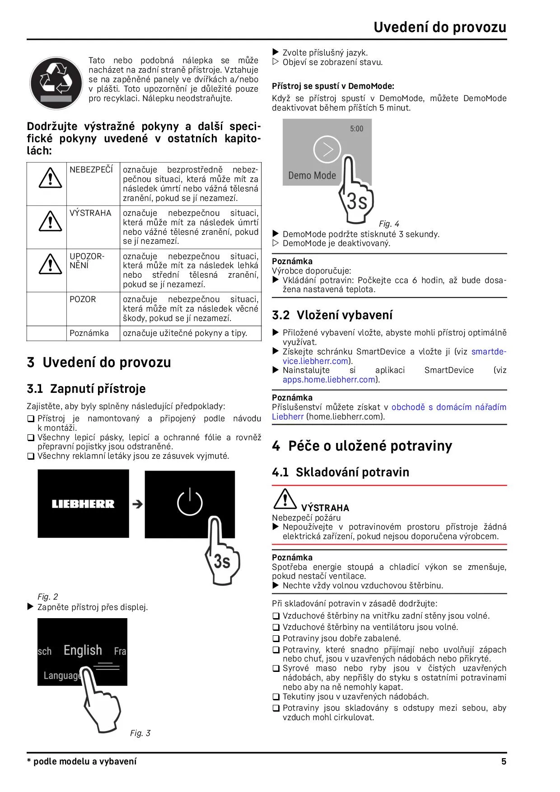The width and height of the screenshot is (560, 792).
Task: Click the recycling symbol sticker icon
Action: coord(56,83)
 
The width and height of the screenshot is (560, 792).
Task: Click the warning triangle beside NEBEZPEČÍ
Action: coord(50,178)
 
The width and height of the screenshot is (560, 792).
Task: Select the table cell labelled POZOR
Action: coord(83,299)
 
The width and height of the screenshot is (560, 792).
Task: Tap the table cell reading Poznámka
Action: coord(89,333)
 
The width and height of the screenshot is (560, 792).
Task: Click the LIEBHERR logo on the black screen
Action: coord(83,504)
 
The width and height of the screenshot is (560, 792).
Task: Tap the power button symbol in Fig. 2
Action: coord(190,502)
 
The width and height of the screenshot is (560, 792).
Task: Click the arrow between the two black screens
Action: coord(137,504)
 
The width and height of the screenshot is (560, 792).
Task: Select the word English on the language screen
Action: coord(83,650)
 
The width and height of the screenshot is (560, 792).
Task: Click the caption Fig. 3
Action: coord(140,733)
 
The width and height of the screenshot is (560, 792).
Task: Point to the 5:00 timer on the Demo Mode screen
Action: coord(356,129)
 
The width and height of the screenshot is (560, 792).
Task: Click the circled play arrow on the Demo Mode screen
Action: coord(327,149)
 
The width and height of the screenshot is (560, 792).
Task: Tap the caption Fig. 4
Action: coord(389,224)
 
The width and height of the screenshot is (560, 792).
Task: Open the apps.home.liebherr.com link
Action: coord(329,380)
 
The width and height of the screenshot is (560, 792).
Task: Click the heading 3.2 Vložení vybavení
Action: coord(332,315)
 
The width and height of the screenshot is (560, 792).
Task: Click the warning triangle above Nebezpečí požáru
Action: coord(285,498)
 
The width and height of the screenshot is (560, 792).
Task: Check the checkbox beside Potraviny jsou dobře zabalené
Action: coord(276,639)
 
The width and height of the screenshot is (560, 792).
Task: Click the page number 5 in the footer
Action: coord(504,762)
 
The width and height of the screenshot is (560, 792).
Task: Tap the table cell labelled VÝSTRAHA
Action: coord(90,213)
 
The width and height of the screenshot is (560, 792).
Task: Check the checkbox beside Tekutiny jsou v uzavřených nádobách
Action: coord(276,697)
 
